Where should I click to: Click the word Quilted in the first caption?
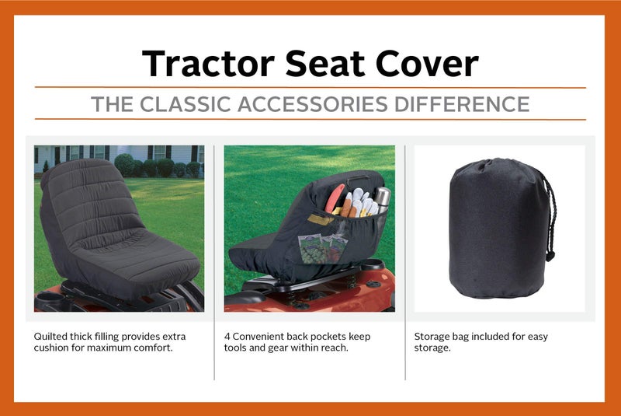tap(50, 336)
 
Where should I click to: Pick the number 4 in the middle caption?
tap(227, 336)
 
